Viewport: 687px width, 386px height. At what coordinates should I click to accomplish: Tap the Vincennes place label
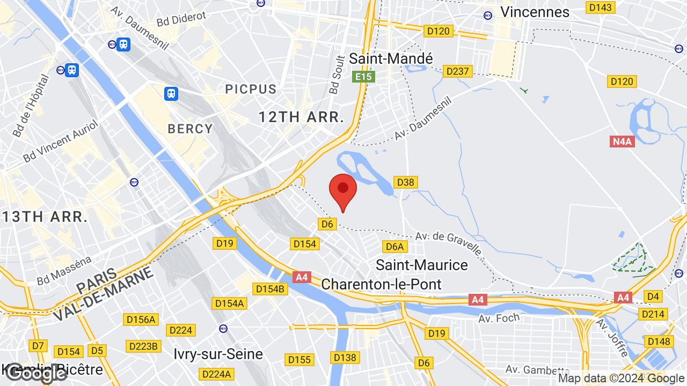pos(534,12)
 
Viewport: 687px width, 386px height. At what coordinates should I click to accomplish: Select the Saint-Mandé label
pos(391,58)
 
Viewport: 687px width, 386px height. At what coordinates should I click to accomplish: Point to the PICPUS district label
pos(251,89)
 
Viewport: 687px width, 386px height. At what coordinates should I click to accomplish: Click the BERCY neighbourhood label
pos(191,129)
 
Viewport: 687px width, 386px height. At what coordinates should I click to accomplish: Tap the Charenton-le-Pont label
pos(381,284)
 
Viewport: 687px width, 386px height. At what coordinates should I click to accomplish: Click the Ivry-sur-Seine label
pos(218,354)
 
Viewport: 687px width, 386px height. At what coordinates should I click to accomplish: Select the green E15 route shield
pos(363,77)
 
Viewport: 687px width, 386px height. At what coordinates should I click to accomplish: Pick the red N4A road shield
pos(622,142)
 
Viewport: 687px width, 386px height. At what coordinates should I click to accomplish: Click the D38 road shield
pos(405,182)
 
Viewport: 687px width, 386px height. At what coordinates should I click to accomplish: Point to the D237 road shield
pos(457,71)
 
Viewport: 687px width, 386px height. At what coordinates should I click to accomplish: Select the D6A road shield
pos(394,247)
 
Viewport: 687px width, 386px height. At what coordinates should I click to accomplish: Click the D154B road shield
pos(270,289)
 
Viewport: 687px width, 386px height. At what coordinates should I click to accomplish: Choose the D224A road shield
pos(216,374)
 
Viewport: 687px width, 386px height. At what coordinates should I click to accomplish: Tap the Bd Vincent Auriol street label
pos(61,142)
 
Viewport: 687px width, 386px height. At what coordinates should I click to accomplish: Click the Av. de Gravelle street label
pos(448,242)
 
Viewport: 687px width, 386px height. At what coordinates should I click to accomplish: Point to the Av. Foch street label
pos(499,318)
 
